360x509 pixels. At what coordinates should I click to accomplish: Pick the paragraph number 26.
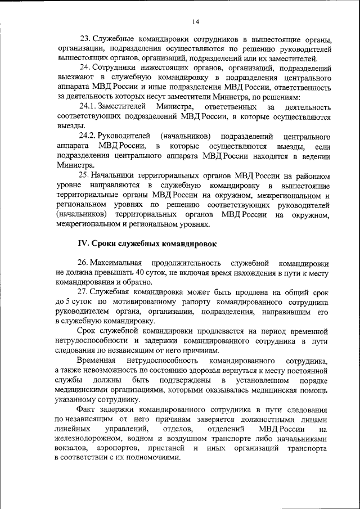[x=84, y=263]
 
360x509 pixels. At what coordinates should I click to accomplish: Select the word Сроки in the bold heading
[x=105, y=244]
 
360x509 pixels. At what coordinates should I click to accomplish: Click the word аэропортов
[x=117, y=448]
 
